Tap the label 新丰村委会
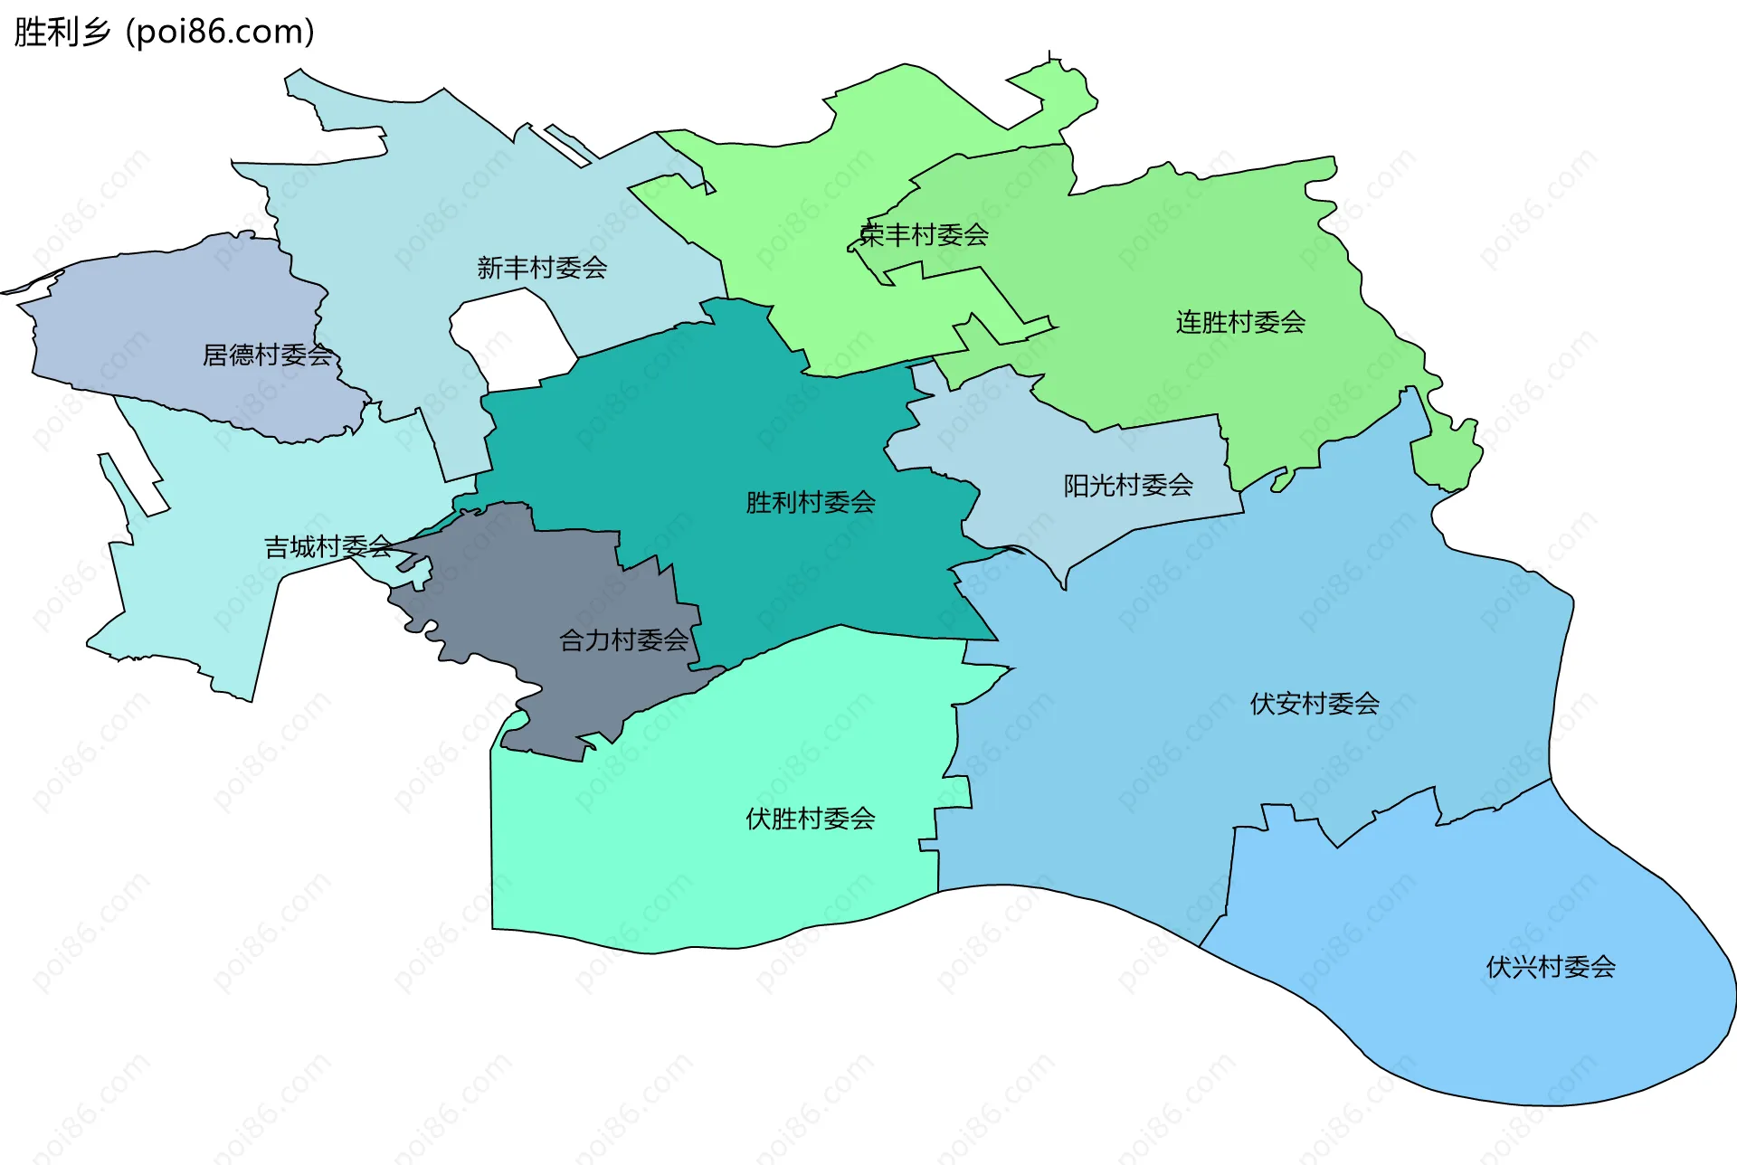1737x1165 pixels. point(542,268)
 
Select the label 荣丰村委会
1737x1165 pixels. point(924,235)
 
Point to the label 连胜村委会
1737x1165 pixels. point(1240,322)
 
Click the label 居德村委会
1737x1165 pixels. point(268,355)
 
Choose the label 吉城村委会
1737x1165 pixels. point(328,546)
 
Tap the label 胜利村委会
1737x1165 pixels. point(811,502)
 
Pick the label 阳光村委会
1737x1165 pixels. point(1128,486)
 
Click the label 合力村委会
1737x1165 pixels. point(624,640)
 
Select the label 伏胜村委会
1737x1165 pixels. point(811,819)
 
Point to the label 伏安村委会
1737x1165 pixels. point(1315,703)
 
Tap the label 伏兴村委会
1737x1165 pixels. point(1551,967)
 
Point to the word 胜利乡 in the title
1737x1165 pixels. point(62,32)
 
